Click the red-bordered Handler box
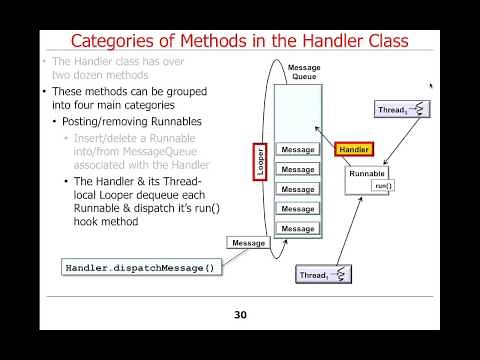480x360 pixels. [x=355, y=150]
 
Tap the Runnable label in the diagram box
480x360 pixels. [x=367, y=173]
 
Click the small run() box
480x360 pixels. [x=383, y=185]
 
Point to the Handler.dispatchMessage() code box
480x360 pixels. [x=139, y=268]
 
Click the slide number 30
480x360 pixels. [x=240, y=314]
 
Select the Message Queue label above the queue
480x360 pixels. [x=304, y=73]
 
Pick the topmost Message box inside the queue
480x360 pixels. [x=298, y=150]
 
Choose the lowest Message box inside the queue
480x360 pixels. [x=298, y=229]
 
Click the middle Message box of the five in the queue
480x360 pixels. [x=298, y=189]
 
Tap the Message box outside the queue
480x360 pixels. [x=248, y=243]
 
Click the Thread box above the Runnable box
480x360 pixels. [x=403, y=109]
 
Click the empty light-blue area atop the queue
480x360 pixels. [x=298, y=110]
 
